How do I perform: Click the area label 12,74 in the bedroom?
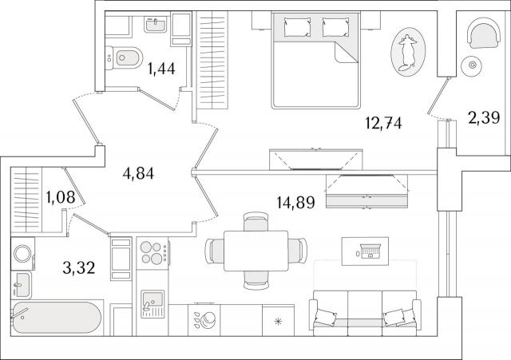(x=383, y=124)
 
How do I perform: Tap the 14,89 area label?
(x=296, y=203)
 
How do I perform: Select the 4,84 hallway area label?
(x=138, y=173)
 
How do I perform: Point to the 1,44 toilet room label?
(x=161, y=69)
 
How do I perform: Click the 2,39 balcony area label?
(x=484, y=117)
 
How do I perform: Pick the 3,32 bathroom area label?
(x=79, y=267)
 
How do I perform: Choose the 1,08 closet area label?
(x=61, y=197)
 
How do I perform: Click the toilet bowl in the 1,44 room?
(x=125, y=58)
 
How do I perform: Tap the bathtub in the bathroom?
(x=57, y=318)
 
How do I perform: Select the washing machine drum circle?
(x=22, y=254)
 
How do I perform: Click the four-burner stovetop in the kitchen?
(x=153, y=253)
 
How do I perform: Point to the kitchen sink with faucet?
(x=153, y=304)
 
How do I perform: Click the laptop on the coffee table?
(x=370, y=251)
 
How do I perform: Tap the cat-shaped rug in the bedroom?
(x=408, y=52)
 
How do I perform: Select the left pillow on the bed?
(x=297, y=27)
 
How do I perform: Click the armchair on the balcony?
(x=483, y=34)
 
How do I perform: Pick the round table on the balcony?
(x=472, y=65)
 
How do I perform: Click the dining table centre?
(x=256, y=251)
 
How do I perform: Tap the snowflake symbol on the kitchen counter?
(x=278, y=322)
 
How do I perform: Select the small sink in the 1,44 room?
(x=156, y=24)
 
